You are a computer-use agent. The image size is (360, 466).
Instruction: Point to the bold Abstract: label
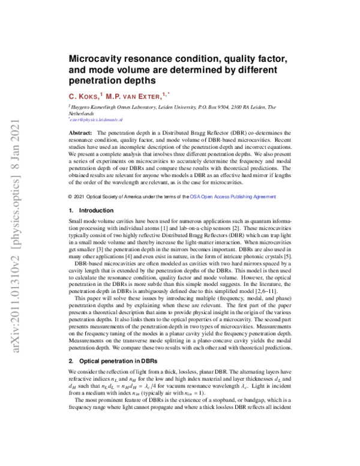tap(81, 132)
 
